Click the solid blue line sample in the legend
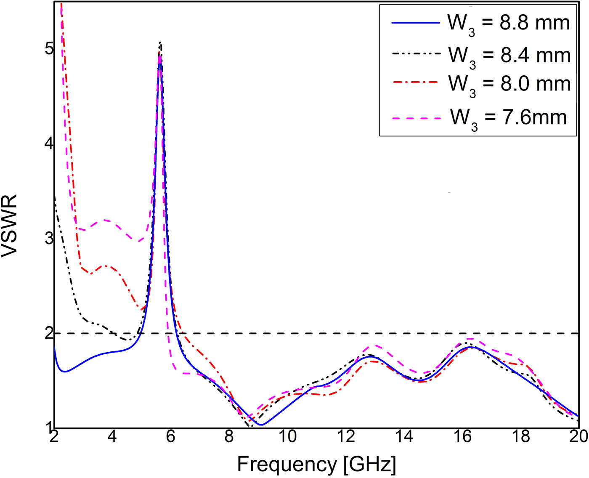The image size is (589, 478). (x=415, y=23)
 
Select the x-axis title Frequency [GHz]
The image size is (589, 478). (x=316, y=464)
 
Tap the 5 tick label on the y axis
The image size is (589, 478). (x=49, y=49)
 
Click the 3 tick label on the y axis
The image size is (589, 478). (x=49, y=239)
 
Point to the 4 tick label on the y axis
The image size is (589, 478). (x=49, y=144)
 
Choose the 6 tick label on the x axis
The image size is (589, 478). (x=170, y=437)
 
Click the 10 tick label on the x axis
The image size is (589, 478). (x=287, y=437)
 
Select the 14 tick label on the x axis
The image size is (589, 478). (x=404, y=437)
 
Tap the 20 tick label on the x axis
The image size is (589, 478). (x=579, y=437)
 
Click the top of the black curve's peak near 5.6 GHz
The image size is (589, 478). (x=160, y=42)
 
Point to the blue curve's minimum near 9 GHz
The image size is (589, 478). (x=261, y=425)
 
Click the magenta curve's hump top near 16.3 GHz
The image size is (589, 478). (x=470, y=338)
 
